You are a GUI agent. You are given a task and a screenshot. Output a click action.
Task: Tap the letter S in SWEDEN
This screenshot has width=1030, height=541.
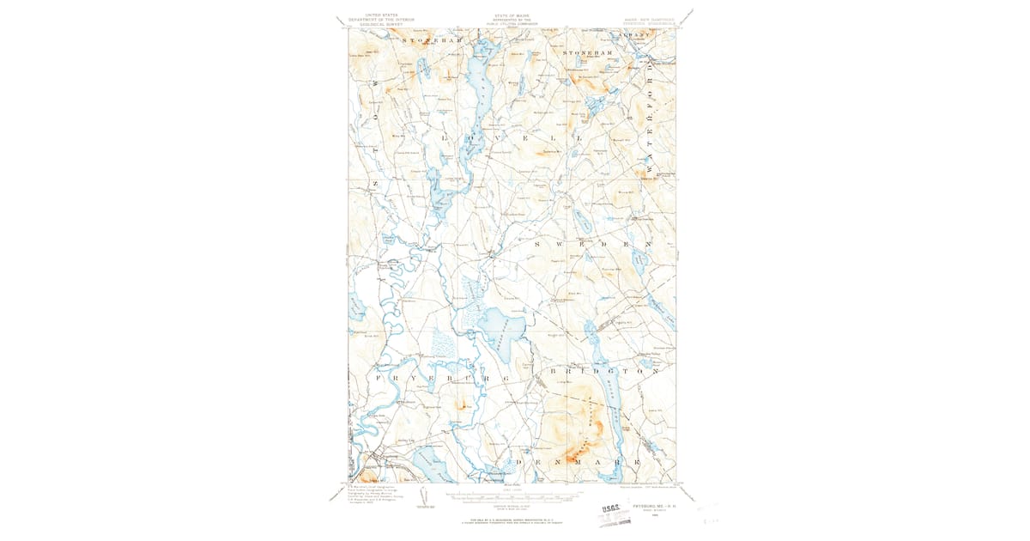click(x=538, y=245)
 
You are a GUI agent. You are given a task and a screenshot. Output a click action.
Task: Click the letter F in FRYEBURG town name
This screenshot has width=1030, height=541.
click(x=378, y=377)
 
